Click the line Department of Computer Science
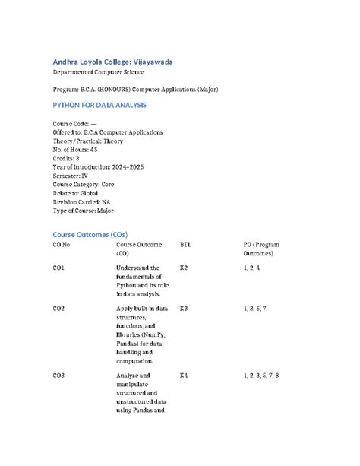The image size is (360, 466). point(98,72)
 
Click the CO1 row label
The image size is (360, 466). point(58,268)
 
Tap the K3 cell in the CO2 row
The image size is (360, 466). point(183,309)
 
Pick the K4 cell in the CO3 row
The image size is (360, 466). point(183,376)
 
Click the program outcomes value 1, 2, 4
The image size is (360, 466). point(252,268)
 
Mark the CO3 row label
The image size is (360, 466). point(58,376)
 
